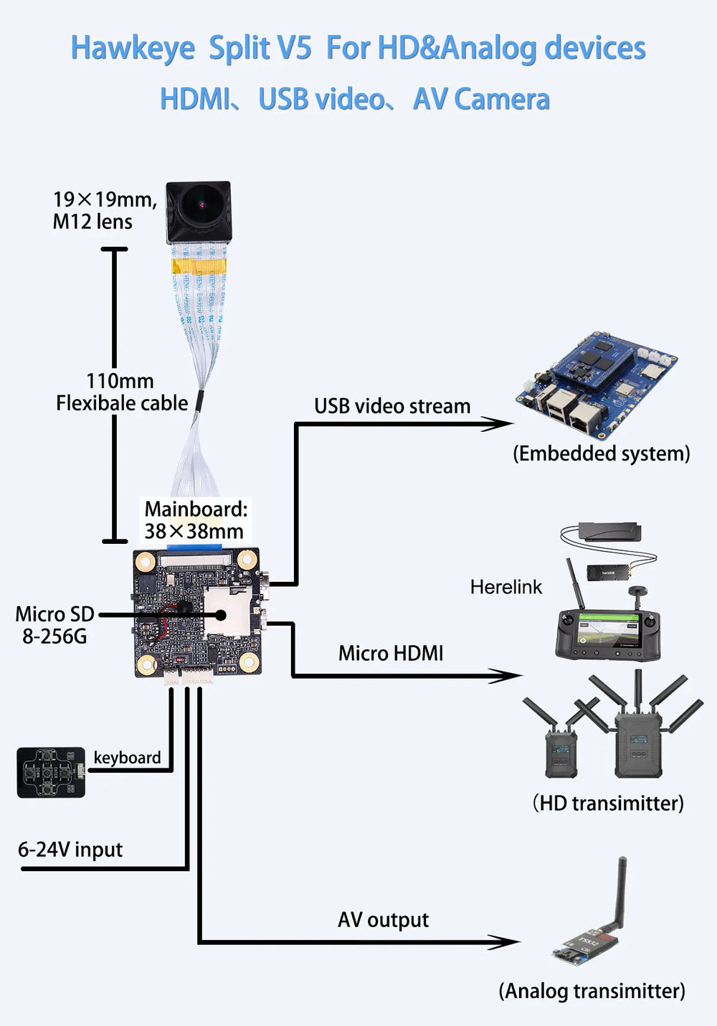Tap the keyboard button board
point(51,773)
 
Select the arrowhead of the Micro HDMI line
point(508,675)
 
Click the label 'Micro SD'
point(54,614)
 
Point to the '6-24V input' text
point(70,850)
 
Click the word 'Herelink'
point(506,588)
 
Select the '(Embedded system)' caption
point(602,453)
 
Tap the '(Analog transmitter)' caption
point(592,992)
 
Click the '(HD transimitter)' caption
point(608,803)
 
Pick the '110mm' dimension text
point(120,381)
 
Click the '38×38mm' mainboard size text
point(194,532)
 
